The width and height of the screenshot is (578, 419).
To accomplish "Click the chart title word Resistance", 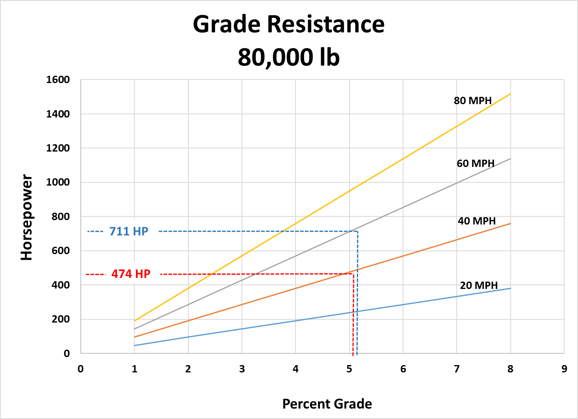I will click(x=326, y=24).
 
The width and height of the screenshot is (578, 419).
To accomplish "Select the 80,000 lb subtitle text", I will click(x=289, y=57).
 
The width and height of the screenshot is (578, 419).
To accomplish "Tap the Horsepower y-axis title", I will click(x=27, y=217).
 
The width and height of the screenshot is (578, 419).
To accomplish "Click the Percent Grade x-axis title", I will click(x=327, y=404).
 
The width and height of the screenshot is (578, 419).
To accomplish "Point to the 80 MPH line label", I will click(x=472, y=100).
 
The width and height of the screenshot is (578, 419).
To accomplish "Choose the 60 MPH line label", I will click(x=475, y=163).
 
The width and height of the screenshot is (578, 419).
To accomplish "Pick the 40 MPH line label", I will click(x=477, y=221).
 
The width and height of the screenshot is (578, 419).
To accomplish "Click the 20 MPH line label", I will click(x=479, y=285).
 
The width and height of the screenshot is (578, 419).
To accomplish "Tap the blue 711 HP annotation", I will click(x=129, y=231).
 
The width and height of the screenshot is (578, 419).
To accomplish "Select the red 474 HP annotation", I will click(x=131, y=274).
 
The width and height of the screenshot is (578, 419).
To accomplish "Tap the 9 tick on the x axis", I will click(x=564, y=369).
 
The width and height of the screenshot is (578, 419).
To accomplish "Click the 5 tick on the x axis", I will click(x=349, y=369).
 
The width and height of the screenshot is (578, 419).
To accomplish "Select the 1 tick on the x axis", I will click(x=134, y=369).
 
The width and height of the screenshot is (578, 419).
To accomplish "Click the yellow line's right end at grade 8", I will click(x=510, y=94).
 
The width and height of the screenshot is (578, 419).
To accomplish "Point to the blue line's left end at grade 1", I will click(x=134, y=346).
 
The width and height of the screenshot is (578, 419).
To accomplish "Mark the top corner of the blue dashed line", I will click(x=357, y=231).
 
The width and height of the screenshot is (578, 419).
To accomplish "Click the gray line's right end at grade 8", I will click(x=510, y=158).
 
